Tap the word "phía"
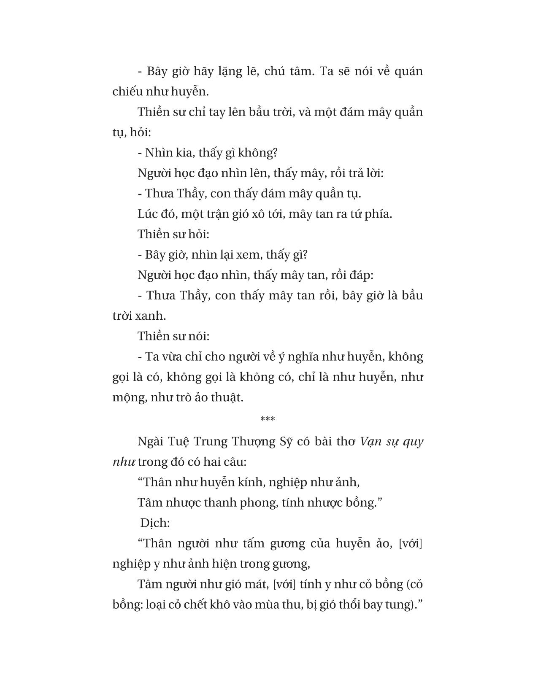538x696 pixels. pos(378,214)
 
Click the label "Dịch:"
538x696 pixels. pos(155,523)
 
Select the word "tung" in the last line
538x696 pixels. pos(400,604)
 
